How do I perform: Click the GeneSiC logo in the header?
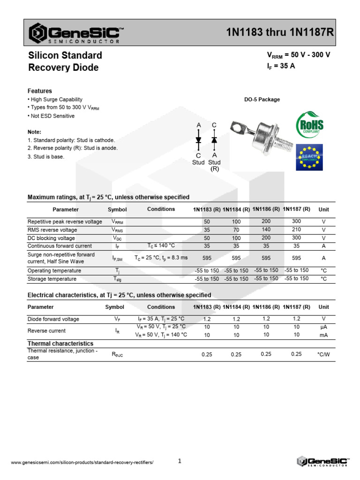75,33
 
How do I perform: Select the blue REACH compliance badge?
309,157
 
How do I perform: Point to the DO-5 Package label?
262,99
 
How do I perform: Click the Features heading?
40,91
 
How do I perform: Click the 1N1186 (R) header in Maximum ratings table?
266,209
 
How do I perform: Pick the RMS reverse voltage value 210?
296,230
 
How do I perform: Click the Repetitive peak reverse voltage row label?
65,221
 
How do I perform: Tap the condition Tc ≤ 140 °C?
161,245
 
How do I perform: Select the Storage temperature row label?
52,279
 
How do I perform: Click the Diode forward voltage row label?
53,319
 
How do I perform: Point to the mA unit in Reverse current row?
323,335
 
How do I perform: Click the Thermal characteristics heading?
60,344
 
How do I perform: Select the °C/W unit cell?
323,354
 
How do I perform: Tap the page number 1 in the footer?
180,461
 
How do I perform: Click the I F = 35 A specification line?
281,66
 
